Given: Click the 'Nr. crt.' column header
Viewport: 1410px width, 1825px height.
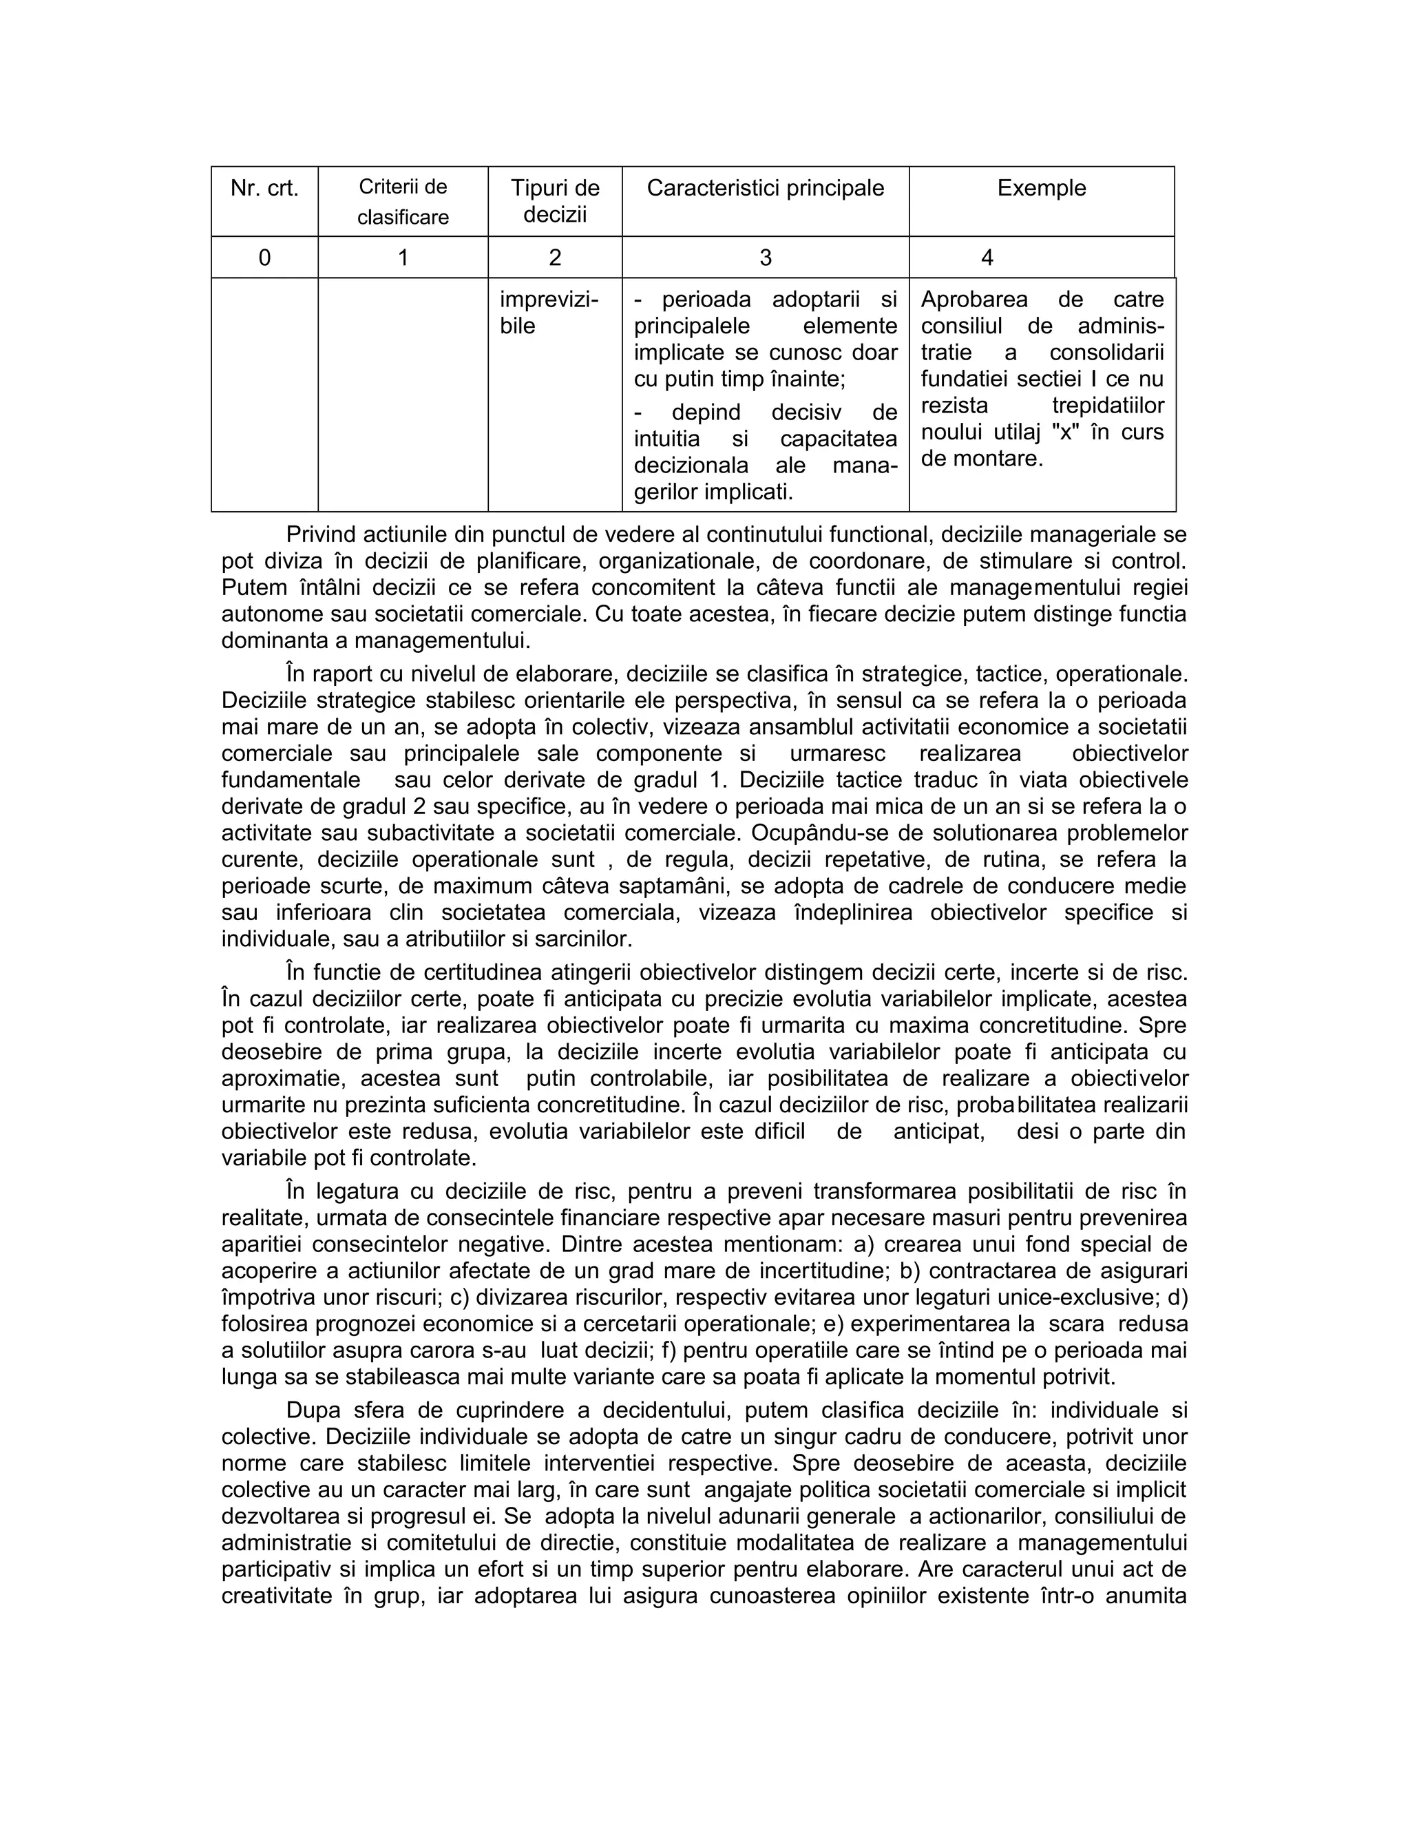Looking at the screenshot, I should [x=264, y=189].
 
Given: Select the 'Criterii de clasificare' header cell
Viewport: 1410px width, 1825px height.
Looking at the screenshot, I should [x=403, y=201].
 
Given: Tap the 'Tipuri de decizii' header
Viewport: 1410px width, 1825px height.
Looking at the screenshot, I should [x=555, y=200].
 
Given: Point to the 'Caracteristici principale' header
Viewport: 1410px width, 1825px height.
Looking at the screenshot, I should [x=765, y=188].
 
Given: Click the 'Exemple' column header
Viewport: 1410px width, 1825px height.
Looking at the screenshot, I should [x=1041, y=188].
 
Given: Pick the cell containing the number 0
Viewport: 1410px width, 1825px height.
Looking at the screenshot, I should [x=264, y=258].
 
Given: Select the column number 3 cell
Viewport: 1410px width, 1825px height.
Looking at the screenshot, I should [x=765, y=258].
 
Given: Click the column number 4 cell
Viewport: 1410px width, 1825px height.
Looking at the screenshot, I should [x=987, y=258].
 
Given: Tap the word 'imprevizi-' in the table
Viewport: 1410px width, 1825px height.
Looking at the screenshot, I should [x=549, y=299].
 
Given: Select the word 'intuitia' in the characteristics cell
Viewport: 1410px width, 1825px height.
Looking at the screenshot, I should [x=666, y=439].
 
